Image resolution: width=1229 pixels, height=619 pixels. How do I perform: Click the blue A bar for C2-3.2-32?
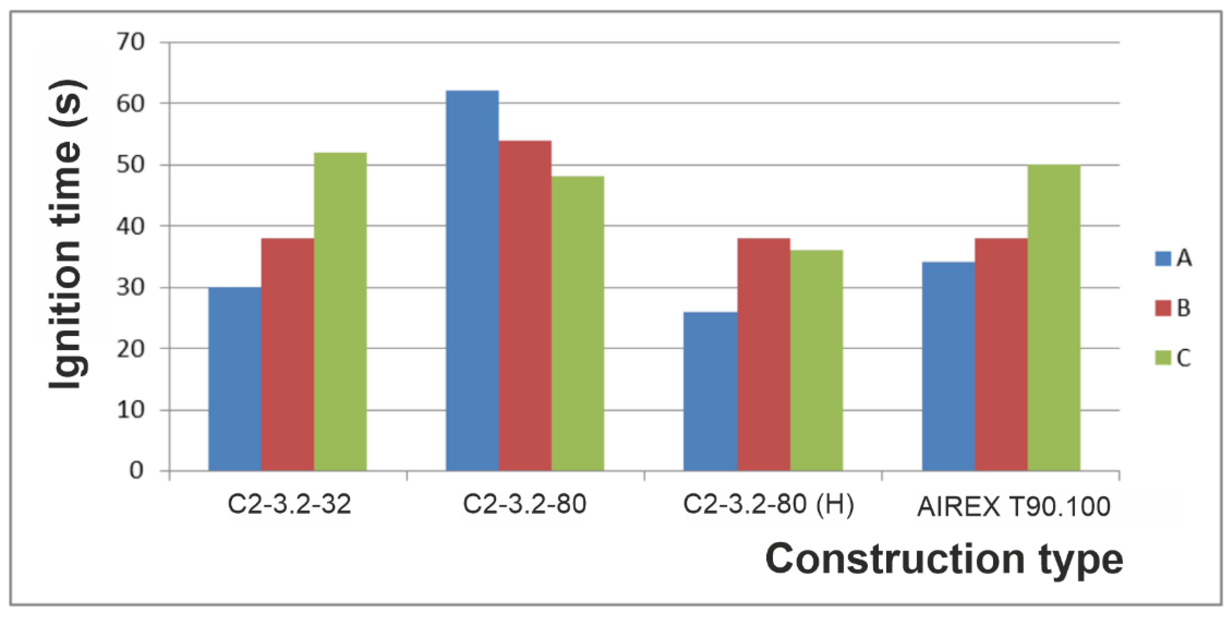point(235,379)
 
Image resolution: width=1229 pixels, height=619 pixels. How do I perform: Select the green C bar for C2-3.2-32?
point(340,312)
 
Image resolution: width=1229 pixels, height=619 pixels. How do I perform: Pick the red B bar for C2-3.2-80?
point(525,306)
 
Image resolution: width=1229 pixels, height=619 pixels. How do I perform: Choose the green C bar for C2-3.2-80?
point(578,324)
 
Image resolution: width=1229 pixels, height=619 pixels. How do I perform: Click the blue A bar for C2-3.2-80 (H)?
point(711,391)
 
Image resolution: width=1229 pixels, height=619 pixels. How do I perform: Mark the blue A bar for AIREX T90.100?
point(949,367)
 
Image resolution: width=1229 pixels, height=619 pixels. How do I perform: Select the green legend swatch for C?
point(1163,357)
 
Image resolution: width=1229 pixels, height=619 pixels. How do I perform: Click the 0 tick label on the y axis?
point(136,471)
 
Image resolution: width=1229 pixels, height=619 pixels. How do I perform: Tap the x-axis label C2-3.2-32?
point(289,505)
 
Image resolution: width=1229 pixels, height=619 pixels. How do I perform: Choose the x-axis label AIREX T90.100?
point(1013,507)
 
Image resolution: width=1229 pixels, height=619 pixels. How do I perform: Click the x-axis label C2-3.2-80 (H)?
point(768,505)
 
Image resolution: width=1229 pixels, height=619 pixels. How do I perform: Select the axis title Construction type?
point(944,559)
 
